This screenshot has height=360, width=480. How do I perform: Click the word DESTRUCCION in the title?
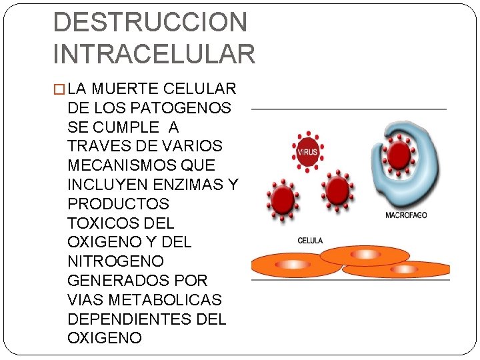click(150, 22)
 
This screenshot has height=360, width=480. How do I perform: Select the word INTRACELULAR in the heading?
click(154, 53)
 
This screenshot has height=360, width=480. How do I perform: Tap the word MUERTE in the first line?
click(127, 89)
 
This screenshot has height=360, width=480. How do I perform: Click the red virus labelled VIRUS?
click(307, 152)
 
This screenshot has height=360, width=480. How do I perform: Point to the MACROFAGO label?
click(406, 215)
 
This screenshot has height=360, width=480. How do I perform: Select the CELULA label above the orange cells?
click(310, 241)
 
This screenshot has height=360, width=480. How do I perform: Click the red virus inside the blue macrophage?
click(399, 155)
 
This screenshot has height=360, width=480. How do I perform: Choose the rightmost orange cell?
click(403, 269)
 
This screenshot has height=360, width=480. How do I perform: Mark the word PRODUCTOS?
click(118, 203)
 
